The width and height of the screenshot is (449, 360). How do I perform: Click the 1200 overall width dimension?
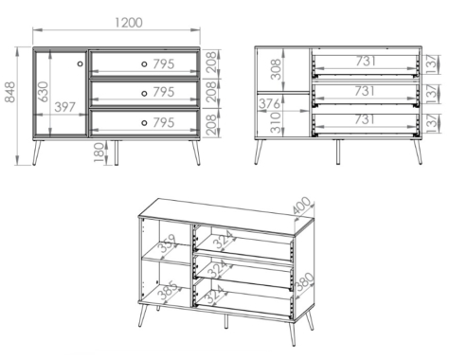coord(129,23)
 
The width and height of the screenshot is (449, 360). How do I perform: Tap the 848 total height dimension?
coord(9,92)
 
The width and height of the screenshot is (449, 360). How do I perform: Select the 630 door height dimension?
coord(44,92)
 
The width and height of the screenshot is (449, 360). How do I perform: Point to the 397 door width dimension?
coord(65,107)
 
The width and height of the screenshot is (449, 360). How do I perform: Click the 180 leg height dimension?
coord(99,153)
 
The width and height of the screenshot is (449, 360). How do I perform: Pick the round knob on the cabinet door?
coord(80,63)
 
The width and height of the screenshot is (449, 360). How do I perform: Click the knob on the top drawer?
coord(144,64)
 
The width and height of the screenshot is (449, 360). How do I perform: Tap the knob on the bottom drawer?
coord(144,123)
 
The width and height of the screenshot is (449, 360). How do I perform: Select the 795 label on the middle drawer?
coord(164,92)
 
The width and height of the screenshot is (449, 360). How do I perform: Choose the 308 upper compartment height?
coord(276,69)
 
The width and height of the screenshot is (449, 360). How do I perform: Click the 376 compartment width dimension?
coord(269,103)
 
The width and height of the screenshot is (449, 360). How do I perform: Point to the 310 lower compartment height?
coord(276,122)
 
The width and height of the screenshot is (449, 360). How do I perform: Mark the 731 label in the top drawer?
coord(366,62)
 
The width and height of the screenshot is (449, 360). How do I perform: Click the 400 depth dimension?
coord(301,206)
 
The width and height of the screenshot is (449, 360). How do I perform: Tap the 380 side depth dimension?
coord(304,281)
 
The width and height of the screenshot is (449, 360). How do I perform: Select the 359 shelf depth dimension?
coord(168,243)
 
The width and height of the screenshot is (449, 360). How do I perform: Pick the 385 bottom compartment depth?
coord(168,291)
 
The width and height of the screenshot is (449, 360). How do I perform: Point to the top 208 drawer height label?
coord(211,62)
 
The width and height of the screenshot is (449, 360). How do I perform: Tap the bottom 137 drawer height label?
coord(433,123)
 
